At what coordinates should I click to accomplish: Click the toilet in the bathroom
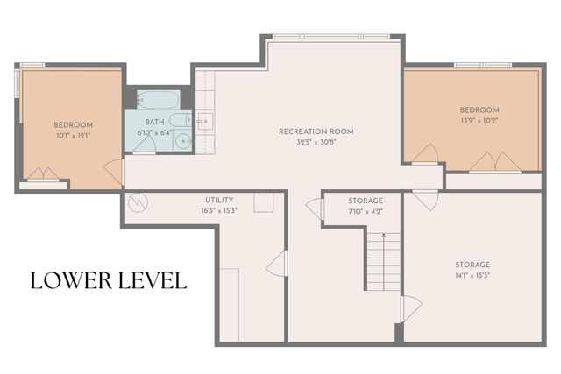coord(178,120)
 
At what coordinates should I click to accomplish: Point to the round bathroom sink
coord(182,139)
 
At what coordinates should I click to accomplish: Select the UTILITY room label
coord(219,200)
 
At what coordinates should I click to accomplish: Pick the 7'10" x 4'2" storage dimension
coord(366,210)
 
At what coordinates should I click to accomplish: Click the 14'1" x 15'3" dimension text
coord(472,275)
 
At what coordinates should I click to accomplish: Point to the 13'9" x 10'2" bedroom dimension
coord(479,120)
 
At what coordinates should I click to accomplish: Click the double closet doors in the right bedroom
coord(495,162)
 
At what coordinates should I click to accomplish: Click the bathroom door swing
coord(144,150)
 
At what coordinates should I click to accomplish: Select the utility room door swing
coord(277,262)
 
